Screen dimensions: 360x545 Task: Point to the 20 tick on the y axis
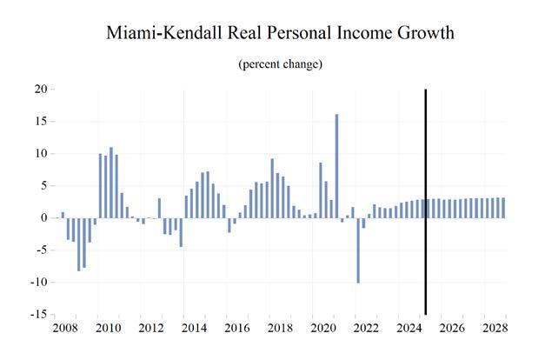click(x=40, y=90)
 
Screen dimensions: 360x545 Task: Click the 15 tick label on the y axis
click(x=40, y=122)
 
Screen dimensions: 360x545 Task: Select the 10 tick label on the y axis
click(x=40, y=154)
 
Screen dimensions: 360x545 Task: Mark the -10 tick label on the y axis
click(x=38, y=283)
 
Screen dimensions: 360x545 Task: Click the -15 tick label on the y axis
click(x=38, y=315)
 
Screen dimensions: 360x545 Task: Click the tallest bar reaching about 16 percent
click(x=336, y=166)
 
